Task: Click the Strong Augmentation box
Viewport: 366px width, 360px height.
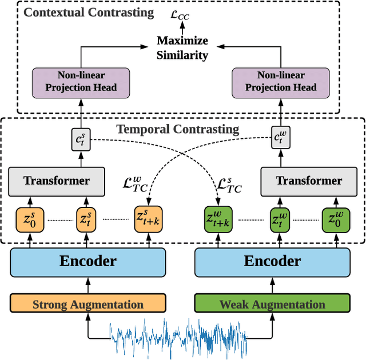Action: point(88,304)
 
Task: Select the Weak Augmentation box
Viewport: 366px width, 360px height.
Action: point(272,304)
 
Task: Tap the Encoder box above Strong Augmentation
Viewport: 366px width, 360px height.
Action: point(88,262)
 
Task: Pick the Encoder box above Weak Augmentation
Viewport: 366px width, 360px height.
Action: point(272,262)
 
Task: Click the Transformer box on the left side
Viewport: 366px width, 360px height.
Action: point(57,181)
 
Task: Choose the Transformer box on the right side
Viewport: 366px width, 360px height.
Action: point(309,181)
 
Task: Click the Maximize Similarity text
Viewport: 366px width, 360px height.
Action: point(183,48)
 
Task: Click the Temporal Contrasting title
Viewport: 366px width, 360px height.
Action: point(178,129)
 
